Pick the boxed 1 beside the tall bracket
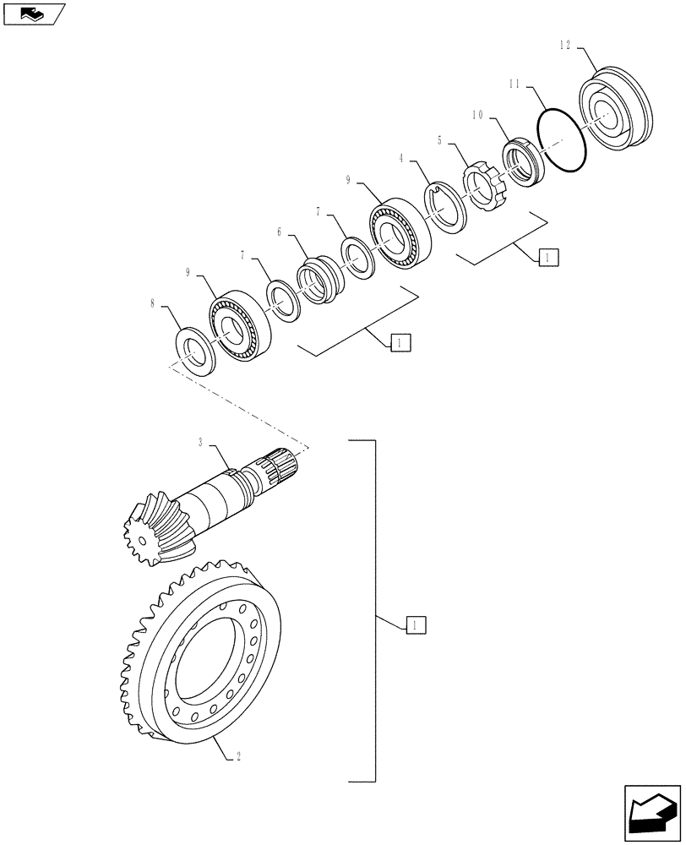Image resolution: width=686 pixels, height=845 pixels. (416, 625)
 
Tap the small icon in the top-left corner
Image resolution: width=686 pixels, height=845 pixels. (32, 14)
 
